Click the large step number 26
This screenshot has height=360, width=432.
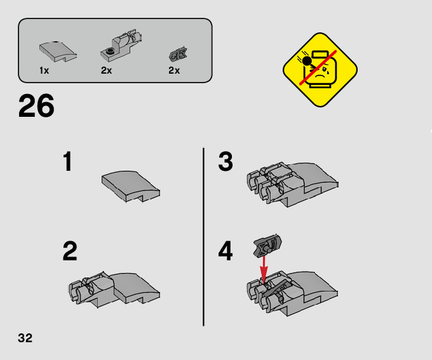click(x=36, y=105)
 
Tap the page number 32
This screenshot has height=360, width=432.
click(x=25, y=338)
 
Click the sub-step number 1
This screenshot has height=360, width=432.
click(x=68, y=161)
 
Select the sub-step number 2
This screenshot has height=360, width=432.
click(x=70, y=251)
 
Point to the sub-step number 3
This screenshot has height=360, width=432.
click(x=226, y=161)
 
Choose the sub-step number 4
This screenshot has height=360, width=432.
click(x=226, y=251)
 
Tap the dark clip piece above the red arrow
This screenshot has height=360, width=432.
click(x=267, y=246)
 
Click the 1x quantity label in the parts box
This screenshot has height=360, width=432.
click(x=44, y=70)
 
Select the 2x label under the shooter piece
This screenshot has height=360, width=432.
click(x=106, y=70)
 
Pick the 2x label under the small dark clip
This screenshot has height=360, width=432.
click(x=174, y=70)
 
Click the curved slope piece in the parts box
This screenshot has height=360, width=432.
click(x=58, y=51)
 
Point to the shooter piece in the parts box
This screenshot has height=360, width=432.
click(x=121, y=46)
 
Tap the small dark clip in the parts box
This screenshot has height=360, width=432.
click(x=178, y=55)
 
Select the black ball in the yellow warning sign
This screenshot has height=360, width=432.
click(x=307, y=61)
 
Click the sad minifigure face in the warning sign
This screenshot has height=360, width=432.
click(x=320, y=70)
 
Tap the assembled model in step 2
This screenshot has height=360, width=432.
click(x=114, y=290)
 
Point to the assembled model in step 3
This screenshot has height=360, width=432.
click(x=293, y=184)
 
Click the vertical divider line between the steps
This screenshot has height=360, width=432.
click(x=203, y=237)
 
